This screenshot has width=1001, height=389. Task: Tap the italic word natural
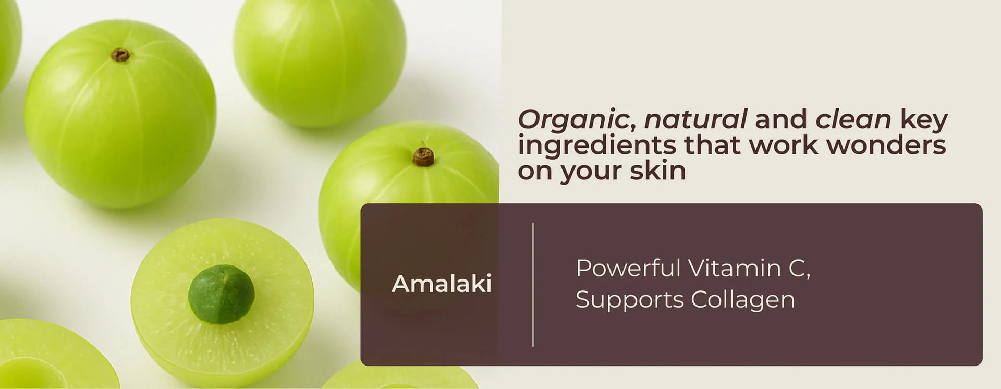(x=695, y=119)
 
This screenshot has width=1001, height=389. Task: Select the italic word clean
(x=853, y=119)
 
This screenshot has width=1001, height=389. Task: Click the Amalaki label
(x=442, y=284)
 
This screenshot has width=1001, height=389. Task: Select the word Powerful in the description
(x=629, y=268)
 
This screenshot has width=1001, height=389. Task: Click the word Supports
(x=630, y=300)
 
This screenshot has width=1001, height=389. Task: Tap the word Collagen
(x=743, y=300)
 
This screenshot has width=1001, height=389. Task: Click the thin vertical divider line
(x=533, y=285)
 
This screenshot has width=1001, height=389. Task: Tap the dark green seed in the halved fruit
(x=222, y=294)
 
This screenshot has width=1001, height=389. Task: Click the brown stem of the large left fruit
(x=120, y=55)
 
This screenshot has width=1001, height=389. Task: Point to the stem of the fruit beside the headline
(x=423, y=156)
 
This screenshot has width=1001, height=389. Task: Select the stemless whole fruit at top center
(x=320, y=63)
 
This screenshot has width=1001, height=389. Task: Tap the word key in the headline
(x=924, y=120)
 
